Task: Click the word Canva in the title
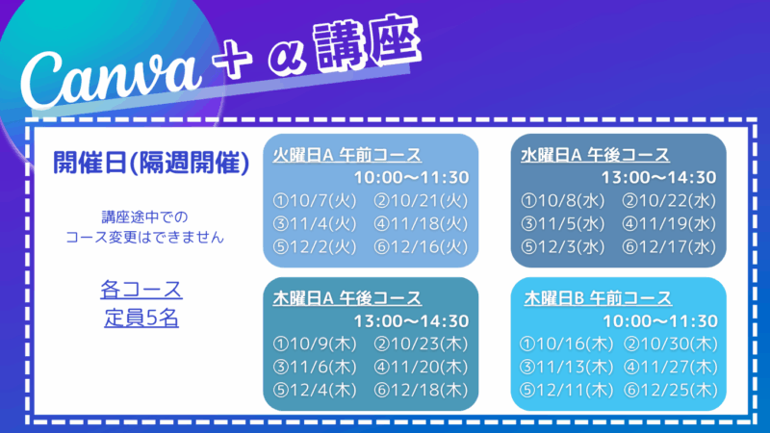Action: tap(111, 79)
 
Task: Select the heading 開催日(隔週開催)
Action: tap(151, 163)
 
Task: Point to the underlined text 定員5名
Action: tap(141, 318)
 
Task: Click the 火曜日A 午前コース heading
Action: tap(347, 155)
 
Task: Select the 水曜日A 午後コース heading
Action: tap(595, 155)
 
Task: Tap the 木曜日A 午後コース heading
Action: tap(347, 298)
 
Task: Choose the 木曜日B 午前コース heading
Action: tap(598, 298)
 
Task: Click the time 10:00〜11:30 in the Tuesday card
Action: tap(412, 177)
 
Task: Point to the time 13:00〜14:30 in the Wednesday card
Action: tap(659, 177)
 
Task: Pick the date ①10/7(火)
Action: tap(315, 201)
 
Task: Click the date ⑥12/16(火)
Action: tap(421, 246)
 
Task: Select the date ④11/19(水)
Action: tap(669, 224)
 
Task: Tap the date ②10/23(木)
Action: tap(421, 344)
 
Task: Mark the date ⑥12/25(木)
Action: tap(671, 390)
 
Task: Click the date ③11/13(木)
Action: tap(567, 367)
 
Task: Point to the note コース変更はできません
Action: tap(145, 238)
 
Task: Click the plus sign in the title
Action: tap(232, 60)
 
